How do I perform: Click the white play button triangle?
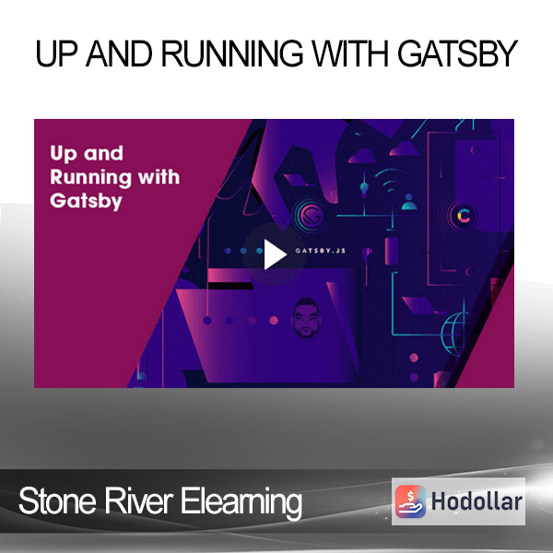click(x=275, y=254)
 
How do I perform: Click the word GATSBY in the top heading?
click(x=457, y=53)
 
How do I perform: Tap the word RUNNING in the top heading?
click(x=232, y=53)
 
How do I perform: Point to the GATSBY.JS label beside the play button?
click(x=320, y=251)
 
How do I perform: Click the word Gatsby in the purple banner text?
click(x=86, y=201)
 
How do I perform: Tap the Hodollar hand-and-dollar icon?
click(x=410, y=501)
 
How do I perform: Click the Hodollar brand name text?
click(x=477, y=501)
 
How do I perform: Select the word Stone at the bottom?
click(x=57, y=500)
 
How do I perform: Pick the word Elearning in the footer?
click(x=241, y=502)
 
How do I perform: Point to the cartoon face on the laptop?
click(x=306, y=317)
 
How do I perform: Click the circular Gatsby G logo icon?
click(x=309, y=215)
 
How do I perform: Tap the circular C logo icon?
click(x=465, y=216)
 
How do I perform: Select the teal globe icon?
click(x=455, y=334)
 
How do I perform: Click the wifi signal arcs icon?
click(x=391, y=181)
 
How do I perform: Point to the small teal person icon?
click(x=409, y=202)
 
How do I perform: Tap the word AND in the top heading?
click(x=120, y=53)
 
